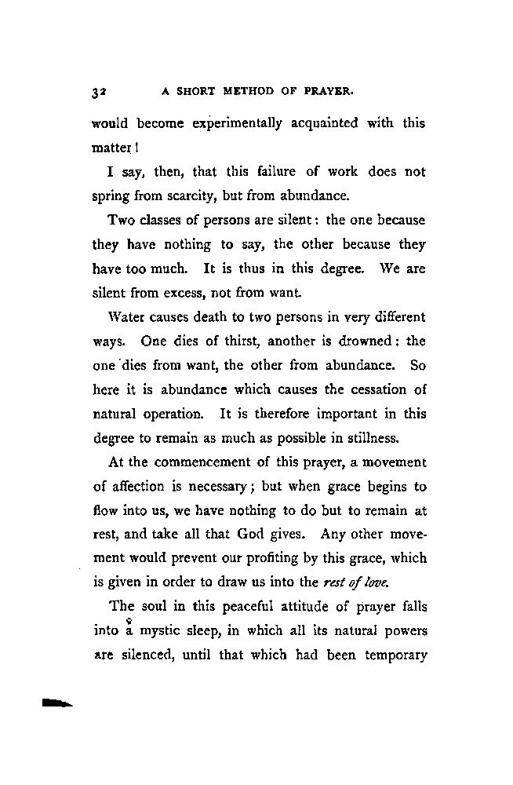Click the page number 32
tap(100, 91)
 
